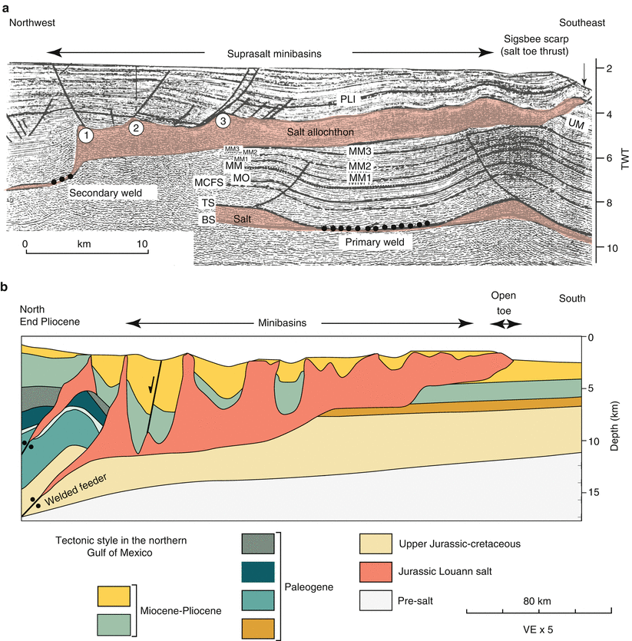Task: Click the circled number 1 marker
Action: pos(87,136)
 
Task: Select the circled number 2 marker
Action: pos(136,127)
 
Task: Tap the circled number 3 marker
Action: pos(223,121)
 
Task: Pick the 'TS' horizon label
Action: pos(207,202)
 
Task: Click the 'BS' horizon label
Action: pos(207,219)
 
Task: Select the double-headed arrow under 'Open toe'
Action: pos(506,324)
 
